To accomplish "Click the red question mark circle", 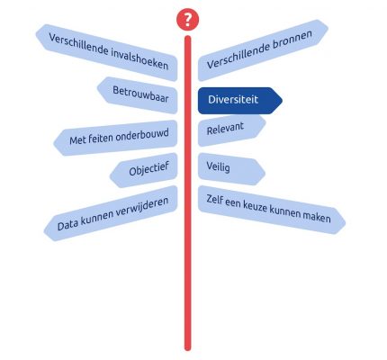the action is (187, 20).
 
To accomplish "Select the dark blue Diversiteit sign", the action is (240, 101).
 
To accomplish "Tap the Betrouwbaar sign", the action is (137, 94).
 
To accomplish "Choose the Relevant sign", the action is (232, 130).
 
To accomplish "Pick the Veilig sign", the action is (231, 169).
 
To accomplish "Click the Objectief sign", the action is (144, 170).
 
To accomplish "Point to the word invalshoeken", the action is (139, 58).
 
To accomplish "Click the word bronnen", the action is (292, 40).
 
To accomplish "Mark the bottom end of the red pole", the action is (187, 348).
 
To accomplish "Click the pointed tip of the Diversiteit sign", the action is (282, 101).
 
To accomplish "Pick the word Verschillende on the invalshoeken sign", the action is (78, 45).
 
